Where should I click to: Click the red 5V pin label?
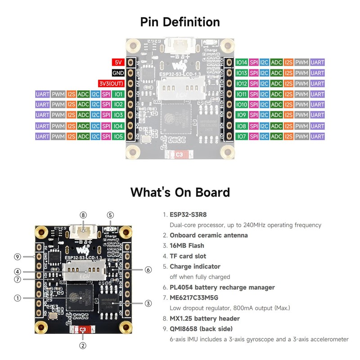pyautogui.click(x=118, y=62)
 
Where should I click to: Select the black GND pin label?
pyautogui.click(x=118, y=73)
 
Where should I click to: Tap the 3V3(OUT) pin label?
pyautogui.click(x=111, y=84)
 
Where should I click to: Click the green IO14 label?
pyautogui.click(x=242, y=62)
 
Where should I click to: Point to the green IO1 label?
pyautogui.click(x=118, y=94)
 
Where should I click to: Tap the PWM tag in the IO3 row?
pyautogui.click(x=58, y=115)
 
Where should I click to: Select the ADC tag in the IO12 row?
pyautogui.click(x=276, y=84)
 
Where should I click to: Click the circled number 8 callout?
pyautogui.click(x=82, y=215)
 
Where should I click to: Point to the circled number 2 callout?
pyautogui.click(x=82, y=346)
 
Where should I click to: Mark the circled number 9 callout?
pyautogui.click(x=18, y=257)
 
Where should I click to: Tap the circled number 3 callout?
pyautogui.click(x=148, y=303)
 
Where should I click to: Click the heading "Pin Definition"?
pyautogui.click(x=180, y=22)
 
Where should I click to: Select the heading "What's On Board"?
pyautogui.click(x=180, y=193)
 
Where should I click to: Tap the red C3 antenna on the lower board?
pyautogui.click(x=82, y=330)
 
